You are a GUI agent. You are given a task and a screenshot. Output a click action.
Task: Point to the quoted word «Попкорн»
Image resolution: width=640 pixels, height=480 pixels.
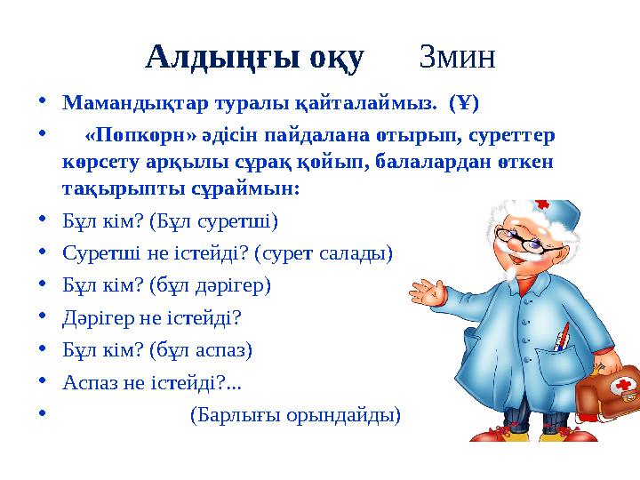(x=135, y=137)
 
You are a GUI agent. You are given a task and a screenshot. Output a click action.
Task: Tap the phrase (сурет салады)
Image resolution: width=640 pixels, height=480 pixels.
(x=324, y=252)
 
